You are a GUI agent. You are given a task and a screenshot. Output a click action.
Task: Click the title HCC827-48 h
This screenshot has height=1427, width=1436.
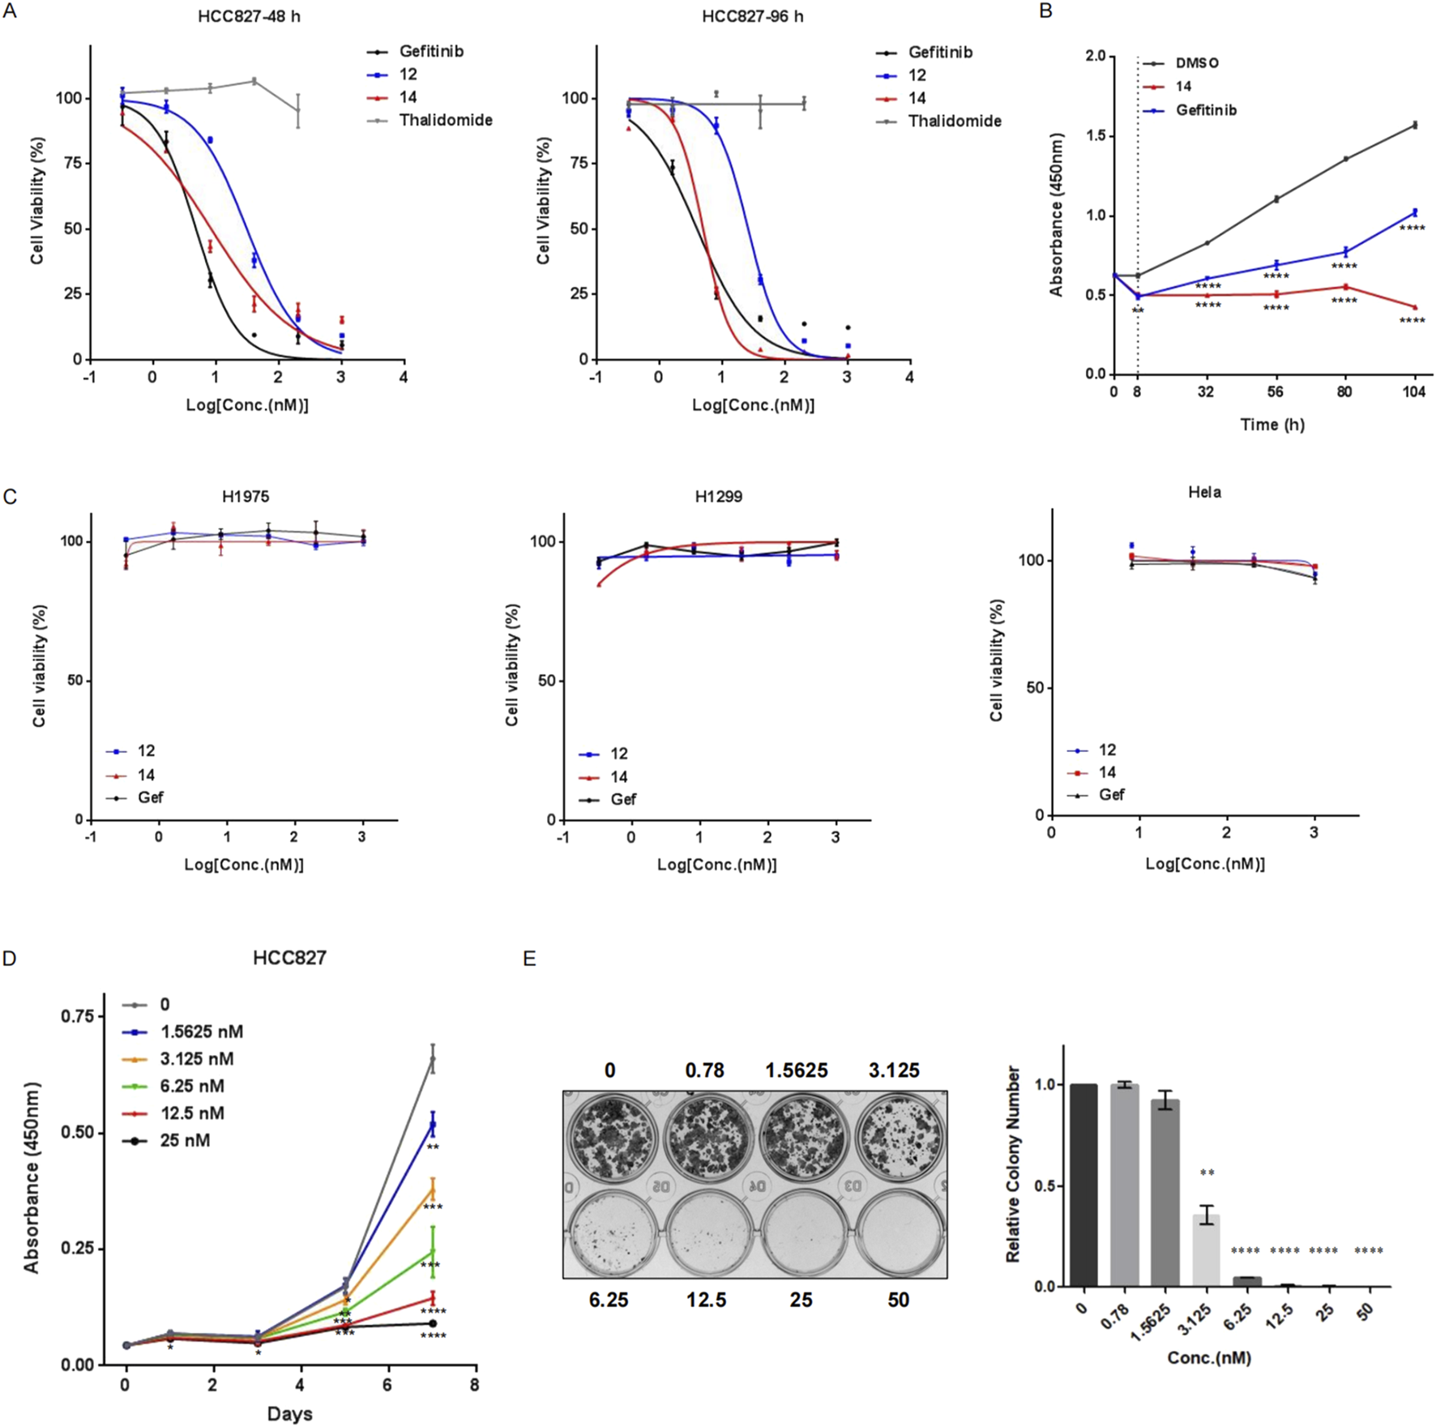coord(249,17)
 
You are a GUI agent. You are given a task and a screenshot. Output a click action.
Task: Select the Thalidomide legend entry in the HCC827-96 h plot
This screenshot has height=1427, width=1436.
coord(954,122)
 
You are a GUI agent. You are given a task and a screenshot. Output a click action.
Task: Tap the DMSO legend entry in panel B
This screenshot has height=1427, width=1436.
coord(1196,63)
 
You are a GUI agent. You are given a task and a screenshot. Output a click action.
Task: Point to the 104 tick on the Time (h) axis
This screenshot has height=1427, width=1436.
coord(1414,392)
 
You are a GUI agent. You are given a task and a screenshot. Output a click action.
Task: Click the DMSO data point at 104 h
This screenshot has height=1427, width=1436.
coord(1415,125)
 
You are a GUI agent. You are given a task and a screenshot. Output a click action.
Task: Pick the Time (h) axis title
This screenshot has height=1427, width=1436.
coord(1271,425)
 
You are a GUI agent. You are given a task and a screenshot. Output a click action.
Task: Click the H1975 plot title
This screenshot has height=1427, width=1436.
coord(246,496)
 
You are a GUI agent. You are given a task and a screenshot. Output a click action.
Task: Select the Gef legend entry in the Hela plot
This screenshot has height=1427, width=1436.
coord(1111,795)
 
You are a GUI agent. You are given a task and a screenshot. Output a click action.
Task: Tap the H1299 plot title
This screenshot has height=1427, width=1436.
coord(718,496)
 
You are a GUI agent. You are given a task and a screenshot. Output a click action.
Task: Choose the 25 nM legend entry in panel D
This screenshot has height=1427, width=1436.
coord(185,1140)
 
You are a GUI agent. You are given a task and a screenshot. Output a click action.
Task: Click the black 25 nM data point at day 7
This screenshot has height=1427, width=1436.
coord(433,1323)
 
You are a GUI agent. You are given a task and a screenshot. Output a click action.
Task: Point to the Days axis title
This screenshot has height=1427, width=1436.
coord(289,1414)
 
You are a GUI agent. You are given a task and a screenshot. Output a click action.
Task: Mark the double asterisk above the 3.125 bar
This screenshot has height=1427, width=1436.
coord(1207,1174)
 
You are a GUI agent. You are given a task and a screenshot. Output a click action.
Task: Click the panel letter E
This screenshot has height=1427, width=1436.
coord(529,959)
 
